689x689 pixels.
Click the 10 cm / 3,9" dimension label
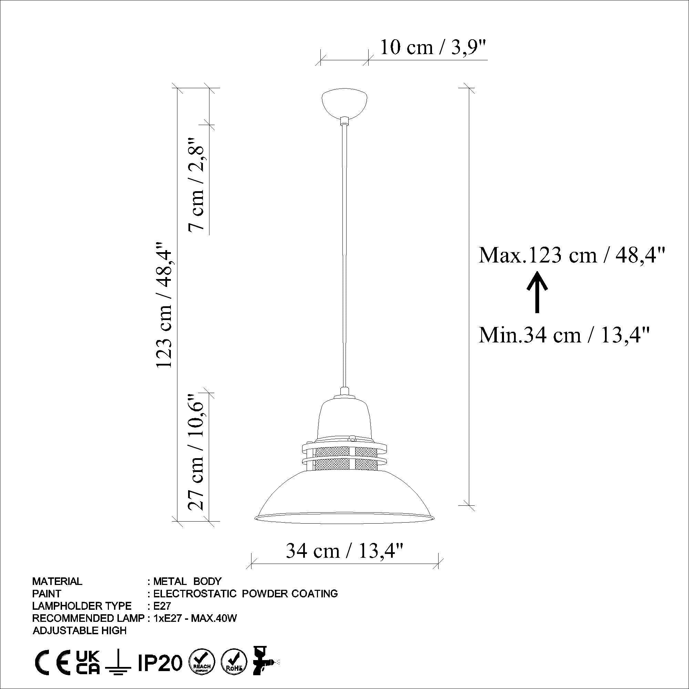(x=433, y=48)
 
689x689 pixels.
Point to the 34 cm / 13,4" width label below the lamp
(x=344, y=551)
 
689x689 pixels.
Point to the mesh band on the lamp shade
(x=344, y=458)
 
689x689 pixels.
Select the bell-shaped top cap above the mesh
(x=344, y=417)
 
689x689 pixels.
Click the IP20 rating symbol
(x=160, y=662)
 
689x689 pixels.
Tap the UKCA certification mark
(x=89, y=662)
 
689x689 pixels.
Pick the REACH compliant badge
(x=202, y=662)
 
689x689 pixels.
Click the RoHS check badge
(x=234, y=662)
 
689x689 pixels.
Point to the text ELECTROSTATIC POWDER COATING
(x=245, y=594)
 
